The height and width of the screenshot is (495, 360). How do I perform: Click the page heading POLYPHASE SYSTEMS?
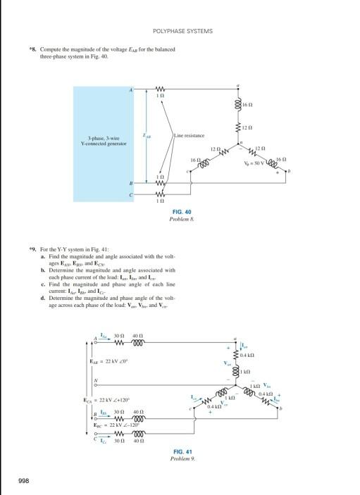[x=182, y=32]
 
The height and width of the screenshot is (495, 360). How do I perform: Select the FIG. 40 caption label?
[x=181, y=212]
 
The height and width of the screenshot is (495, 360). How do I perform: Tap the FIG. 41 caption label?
[x=182, y=451]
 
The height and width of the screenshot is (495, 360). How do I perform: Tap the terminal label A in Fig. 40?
[x=130, y=90]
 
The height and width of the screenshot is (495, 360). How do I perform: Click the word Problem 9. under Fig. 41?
[x=182, y=458]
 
